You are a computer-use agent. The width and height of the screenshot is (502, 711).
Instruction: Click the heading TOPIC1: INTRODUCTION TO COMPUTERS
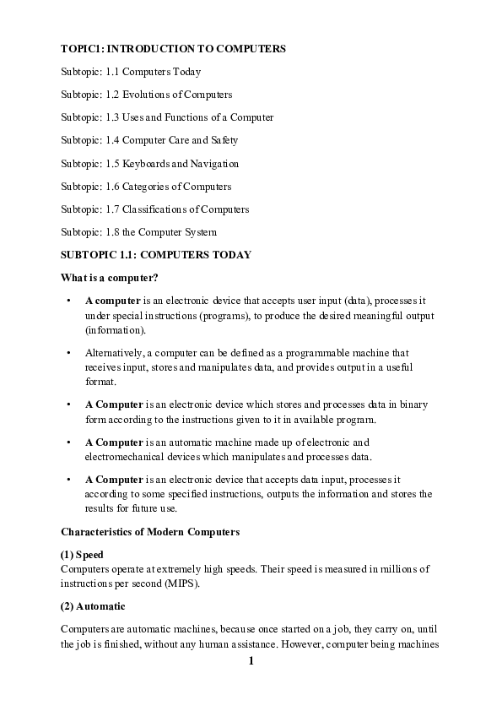[173, 49]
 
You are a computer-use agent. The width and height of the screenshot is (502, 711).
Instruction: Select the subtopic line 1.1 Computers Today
[131, 72]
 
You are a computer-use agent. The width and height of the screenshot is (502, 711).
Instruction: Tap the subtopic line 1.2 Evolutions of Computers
[146, 95]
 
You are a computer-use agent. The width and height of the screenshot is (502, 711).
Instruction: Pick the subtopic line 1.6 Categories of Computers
[145, 186]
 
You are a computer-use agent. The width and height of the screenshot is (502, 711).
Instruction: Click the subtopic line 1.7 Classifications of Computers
[154, 209]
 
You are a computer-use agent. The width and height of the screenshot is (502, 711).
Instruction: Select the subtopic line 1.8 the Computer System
[139, 231]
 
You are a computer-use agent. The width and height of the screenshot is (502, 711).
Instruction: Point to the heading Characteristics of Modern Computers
[150, 532]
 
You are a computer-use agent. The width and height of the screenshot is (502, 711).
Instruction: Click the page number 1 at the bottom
[251, 660]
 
